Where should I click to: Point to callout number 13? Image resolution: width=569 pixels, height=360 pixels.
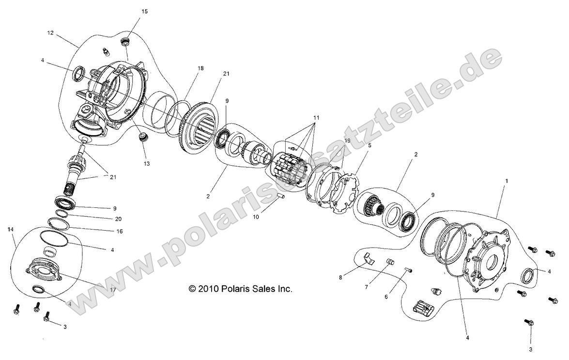[146, 163]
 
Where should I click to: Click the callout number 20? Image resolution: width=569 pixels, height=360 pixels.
[119, 219]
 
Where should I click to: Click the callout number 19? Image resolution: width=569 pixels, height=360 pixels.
[347, 141]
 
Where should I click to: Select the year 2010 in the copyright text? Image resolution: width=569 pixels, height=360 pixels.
[207, 289]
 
